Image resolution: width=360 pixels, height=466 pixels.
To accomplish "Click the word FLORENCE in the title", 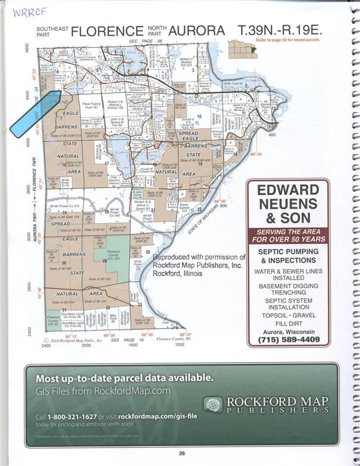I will click(x=107, y=32).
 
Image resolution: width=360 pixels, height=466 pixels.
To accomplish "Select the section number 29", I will click(x=104, y=261).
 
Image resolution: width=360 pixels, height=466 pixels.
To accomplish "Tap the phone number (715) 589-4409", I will click(x=288, y=340).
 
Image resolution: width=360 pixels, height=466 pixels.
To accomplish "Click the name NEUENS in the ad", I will click(x=288, y=203).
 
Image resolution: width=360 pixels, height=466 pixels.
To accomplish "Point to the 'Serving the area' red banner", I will click(x=288, y=235).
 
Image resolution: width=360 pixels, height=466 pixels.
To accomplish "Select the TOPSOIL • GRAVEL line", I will click(x=288, y=315).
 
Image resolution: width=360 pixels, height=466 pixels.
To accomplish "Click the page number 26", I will click(x=181, y=454).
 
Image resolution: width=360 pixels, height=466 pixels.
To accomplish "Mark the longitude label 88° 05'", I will click(x=256, y=154).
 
